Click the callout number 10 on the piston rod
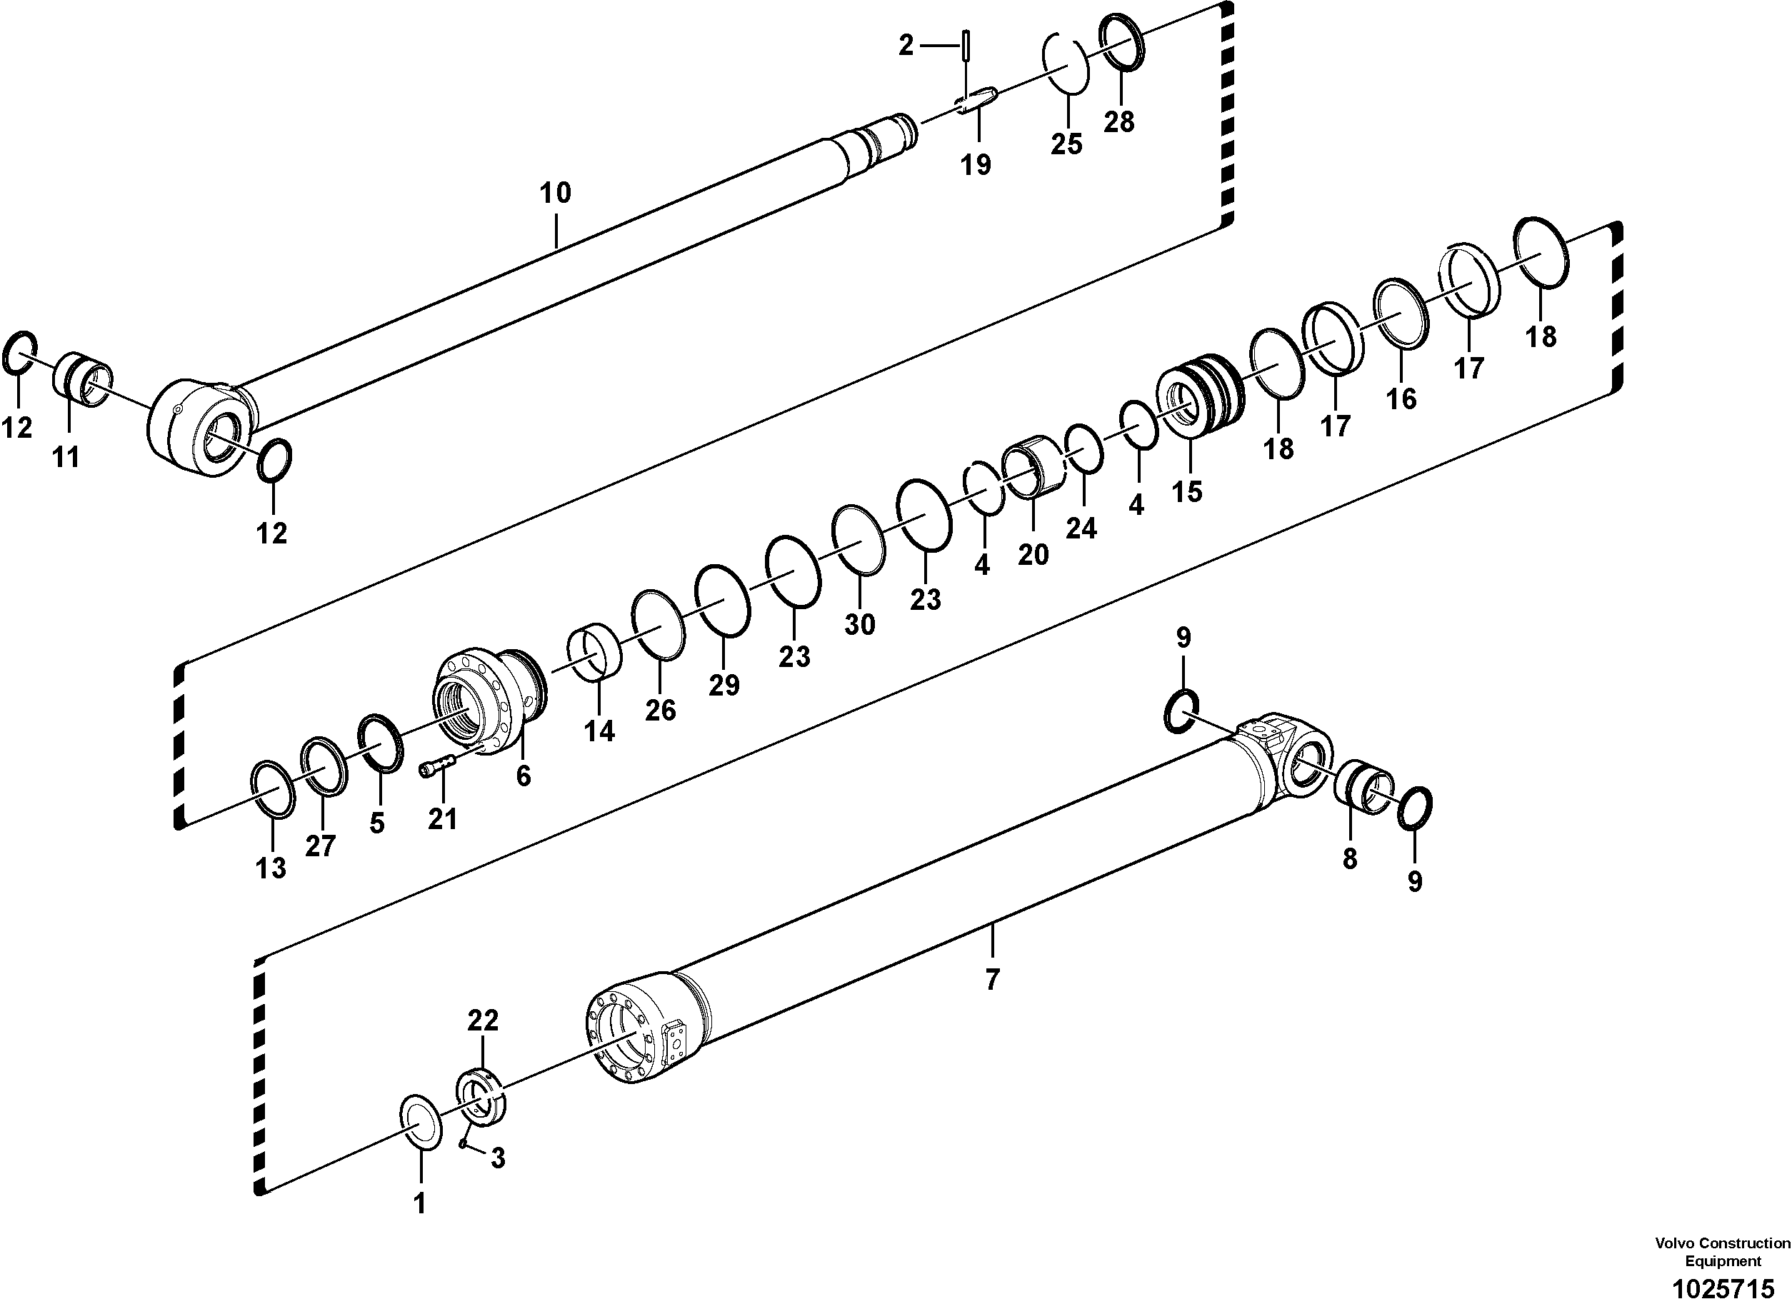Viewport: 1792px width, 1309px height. (x=555, y=193)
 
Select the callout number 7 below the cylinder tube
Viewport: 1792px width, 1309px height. (x=991, y=981)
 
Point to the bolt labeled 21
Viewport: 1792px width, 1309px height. (x=435, y=767)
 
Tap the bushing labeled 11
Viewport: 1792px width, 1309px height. (x=82, y=379)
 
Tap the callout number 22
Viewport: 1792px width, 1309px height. (x=482, y=1020)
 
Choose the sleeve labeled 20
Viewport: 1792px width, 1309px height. (x=1033, y=470)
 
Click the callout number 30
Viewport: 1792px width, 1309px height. (x=859, y=624)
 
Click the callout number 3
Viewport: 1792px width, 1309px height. (x=497, y=1159)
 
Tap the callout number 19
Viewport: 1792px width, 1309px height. (x=976, y=165)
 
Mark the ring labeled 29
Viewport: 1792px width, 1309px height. (x=722, y=601)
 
